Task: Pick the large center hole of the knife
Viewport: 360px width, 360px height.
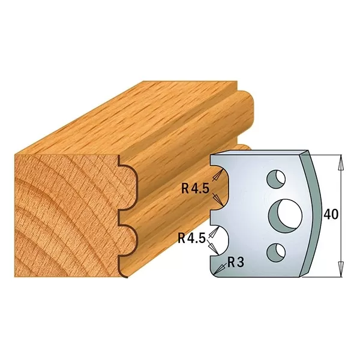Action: click(x=286, y=214)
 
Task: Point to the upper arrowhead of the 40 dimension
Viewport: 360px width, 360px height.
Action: click(x=341, y=161)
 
